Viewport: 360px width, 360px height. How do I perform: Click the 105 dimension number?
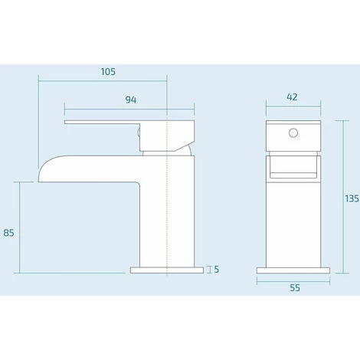coord(107,71)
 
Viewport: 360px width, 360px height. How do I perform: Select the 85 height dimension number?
coord(10,232)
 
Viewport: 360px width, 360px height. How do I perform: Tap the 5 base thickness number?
coord(218,269)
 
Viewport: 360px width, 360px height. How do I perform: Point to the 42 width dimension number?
coord(292,97)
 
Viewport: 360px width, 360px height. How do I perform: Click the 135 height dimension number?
coord(352,198)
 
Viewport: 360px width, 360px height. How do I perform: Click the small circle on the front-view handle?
coord(292,134)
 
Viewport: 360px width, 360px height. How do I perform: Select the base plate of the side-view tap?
coord(169,269)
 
